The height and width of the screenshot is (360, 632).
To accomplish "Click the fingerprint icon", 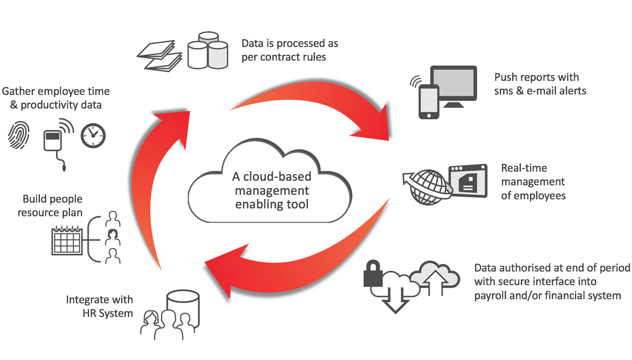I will click(19, 136).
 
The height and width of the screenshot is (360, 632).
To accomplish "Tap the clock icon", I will click(93, 136).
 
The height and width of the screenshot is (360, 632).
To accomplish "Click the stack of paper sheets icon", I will click(159, 55).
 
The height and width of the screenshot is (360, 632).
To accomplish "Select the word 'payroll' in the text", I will click(491, 295).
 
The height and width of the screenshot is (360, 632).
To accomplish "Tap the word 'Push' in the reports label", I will click(505, 78).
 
